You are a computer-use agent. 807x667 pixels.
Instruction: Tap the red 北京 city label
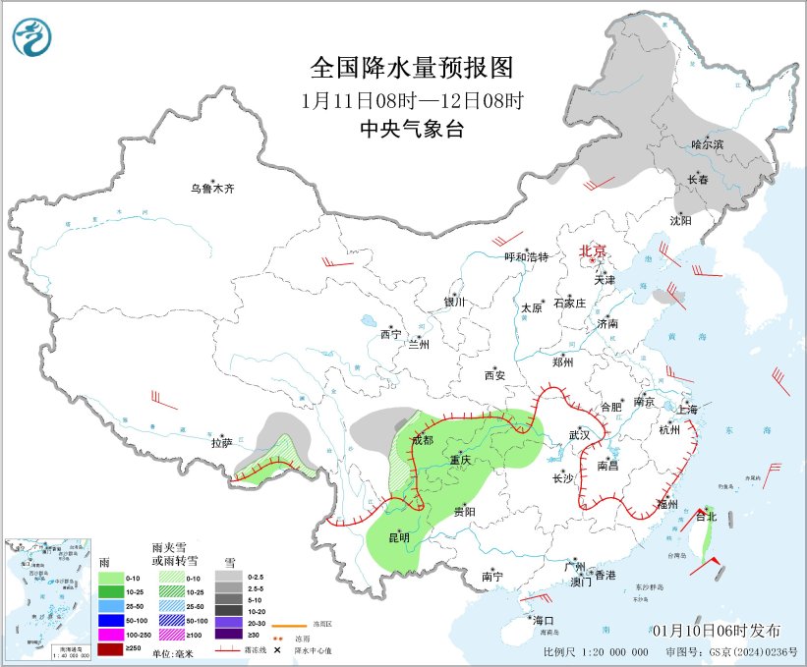click(594, 250)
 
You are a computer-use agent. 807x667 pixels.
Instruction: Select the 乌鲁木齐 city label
click(213, 189)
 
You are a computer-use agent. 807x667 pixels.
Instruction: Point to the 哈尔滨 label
click(706, 144)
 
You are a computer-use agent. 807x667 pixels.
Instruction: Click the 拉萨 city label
click(220, 443)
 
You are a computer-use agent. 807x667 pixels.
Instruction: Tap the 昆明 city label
click(399, 536)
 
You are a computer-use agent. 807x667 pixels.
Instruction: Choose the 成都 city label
click(422, 439)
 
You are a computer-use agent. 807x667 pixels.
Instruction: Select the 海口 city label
click(544, 621)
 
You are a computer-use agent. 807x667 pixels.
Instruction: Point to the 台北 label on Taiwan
click(706, 515)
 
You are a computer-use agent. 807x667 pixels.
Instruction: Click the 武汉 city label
click(579, 434)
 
